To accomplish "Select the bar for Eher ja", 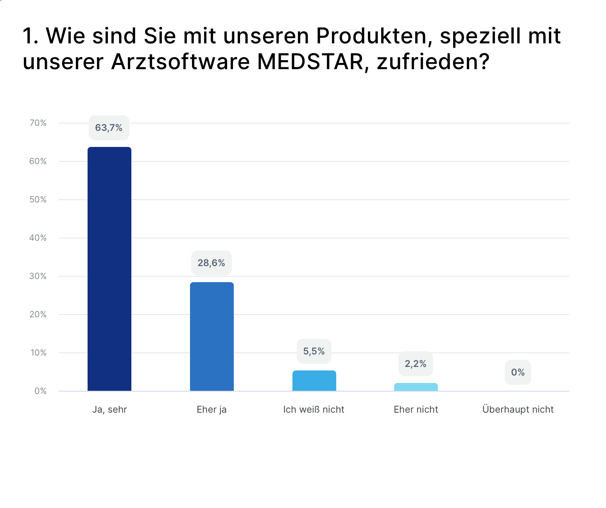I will coord(212,336).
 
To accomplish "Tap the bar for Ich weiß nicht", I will coord(314,381).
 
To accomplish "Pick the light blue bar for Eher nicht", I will coord(416,387).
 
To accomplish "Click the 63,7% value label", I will coord(109,128).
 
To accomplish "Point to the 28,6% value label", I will coord(212,263).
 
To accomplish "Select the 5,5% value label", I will coord(314,351).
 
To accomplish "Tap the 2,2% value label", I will coord(416,364).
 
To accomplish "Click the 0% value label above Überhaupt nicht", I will coord(518,372).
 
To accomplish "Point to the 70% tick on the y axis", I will coord(38,123).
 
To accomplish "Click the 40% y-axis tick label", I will coord(38,238).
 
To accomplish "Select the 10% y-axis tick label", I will coord(38,353).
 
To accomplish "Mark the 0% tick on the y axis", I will coord(40,391).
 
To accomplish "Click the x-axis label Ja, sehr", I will coord(109,410).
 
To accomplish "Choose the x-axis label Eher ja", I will coord(212,410).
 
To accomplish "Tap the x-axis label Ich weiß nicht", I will coord(314,410).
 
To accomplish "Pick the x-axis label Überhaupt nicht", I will coord(518,410).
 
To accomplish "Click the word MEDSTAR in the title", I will coord(310,62).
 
